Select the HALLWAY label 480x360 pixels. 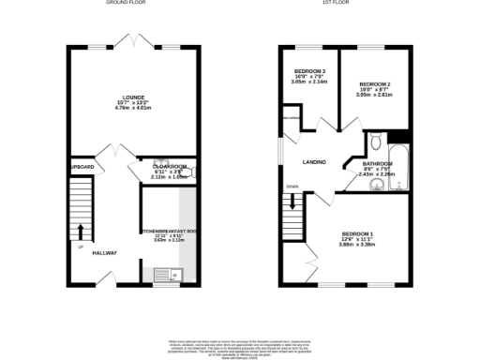[104, 251]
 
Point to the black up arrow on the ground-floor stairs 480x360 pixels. [80, 231]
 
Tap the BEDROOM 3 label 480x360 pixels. [310, 71]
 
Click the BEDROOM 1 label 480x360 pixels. [357, 232]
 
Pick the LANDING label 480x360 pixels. [314, 162]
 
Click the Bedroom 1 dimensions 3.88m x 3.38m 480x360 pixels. [357, 244]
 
